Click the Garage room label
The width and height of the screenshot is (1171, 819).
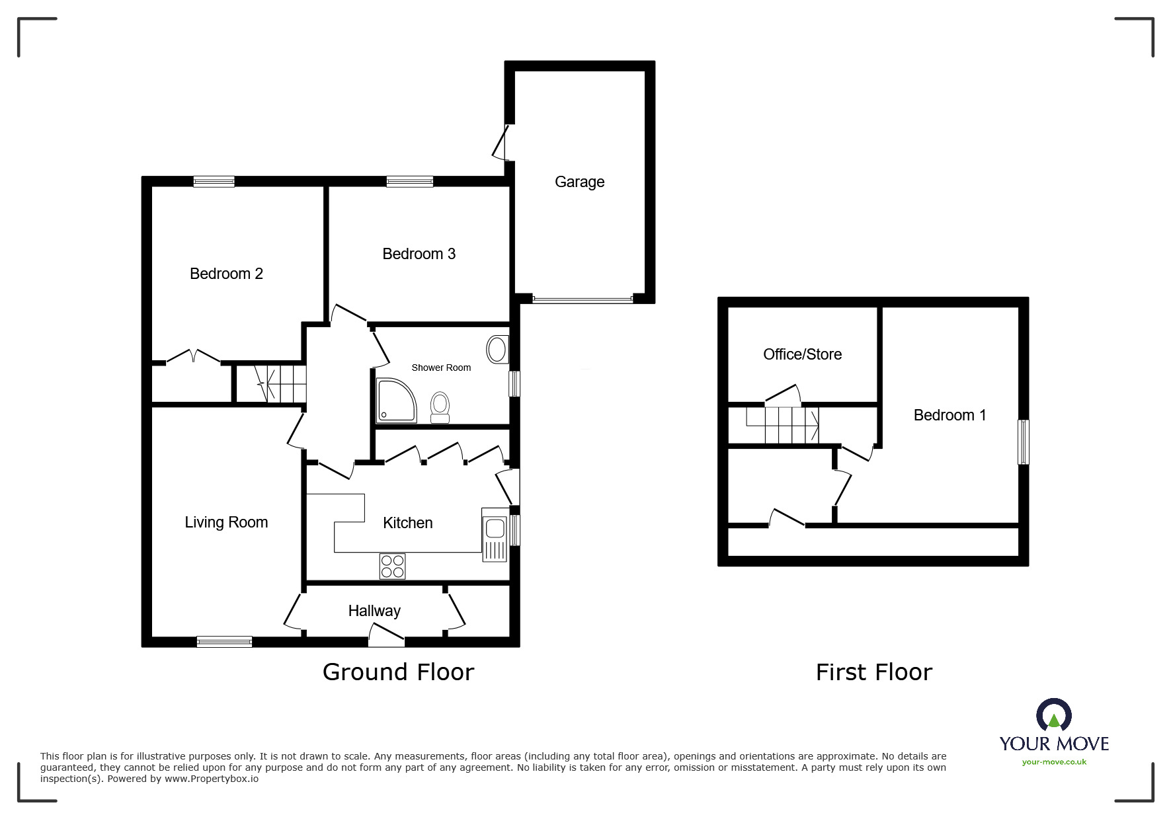click(x=579, y=182)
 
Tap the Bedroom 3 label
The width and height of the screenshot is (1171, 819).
click(x=419, y=254)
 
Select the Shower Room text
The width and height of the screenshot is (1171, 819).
click(x=441, y=368)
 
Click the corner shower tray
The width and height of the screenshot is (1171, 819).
click(x=395, y=401)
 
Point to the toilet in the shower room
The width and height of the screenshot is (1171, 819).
click(x=440, y=407)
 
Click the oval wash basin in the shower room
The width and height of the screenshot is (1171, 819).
click(x=497, y=349)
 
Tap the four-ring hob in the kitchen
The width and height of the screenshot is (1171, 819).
click(x=393, y=566)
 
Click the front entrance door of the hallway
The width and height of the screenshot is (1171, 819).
click(x=386, y=638)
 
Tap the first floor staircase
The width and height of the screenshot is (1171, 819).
click(x=783, y=425)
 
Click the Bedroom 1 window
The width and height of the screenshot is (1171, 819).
click(x=1023, y=442)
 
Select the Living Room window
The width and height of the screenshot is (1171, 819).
click(x=224, y=641)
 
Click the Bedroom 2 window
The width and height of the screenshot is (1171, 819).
click(x=214, y=181)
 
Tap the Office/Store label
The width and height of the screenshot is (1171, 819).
click(x=802, y=354)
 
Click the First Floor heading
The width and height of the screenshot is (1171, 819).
click(x=873, y=672)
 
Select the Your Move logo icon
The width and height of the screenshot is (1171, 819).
click(x=1053, y=715)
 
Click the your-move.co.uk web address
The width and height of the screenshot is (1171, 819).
click(x=1054, y=762)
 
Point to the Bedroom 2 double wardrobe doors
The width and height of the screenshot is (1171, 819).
click(x=192, y=357)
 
